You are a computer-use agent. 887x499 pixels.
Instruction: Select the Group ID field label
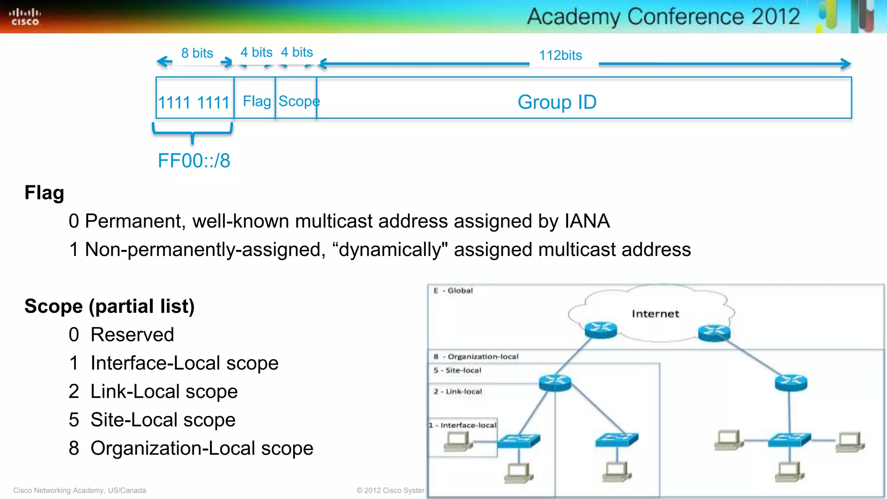[557, 102]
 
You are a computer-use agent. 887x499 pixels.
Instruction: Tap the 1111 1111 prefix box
[194, 102]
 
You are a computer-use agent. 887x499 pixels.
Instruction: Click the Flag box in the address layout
[256, 101]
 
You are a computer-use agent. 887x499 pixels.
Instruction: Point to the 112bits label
[560, 55]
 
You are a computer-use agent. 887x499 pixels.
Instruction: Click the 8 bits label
[197, 53]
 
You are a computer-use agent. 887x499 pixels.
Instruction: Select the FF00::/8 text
[194, 161]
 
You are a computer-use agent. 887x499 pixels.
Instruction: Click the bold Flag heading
[44, 193]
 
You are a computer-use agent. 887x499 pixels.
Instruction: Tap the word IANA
[587, 221]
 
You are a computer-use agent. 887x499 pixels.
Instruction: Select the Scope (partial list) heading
[110, 306]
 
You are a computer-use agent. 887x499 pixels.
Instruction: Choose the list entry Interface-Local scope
[184, 363]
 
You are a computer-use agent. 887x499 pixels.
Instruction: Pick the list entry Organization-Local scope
[201, 448]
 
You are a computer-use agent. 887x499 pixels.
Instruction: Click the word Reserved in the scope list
[132, 335]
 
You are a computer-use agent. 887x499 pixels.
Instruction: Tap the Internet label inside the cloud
[655, 314]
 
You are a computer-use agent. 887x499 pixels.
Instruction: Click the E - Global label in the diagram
[453, 291]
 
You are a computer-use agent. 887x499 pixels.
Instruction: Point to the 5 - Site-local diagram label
[457, 370]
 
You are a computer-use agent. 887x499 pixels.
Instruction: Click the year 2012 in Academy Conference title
[775, 16]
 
